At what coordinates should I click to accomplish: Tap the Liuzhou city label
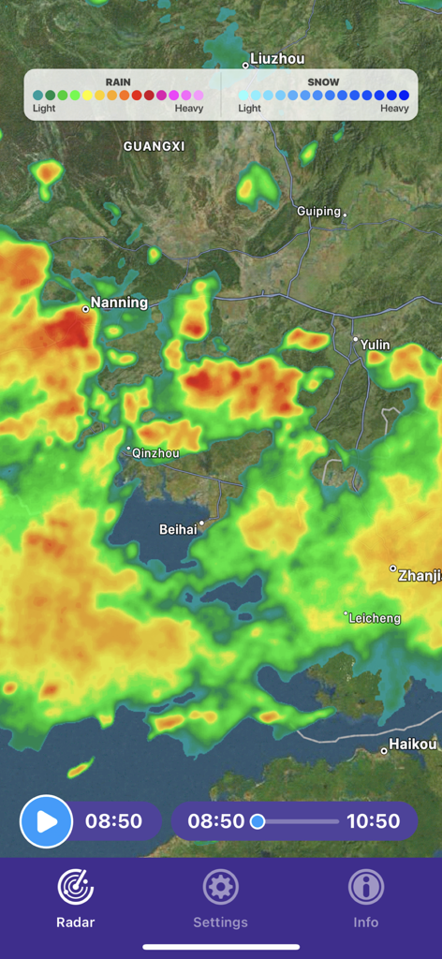point(277,59)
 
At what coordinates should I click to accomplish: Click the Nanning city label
point(119,302)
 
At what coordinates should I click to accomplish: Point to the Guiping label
point(318,212)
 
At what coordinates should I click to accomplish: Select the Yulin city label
point(376,346)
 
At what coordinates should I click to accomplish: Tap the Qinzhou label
point(155,453)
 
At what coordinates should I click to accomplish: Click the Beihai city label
point(178,529)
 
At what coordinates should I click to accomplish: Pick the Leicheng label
point(375,618)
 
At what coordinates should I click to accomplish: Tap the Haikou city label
point(414,745)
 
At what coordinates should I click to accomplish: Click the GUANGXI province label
point(154,146)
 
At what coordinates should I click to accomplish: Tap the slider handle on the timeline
point(258,821)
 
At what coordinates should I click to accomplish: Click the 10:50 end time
point(373,821)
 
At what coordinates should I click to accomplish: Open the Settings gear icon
point(221,886)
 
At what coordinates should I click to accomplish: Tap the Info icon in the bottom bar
point(366,886)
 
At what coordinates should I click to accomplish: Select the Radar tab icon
point(76,886)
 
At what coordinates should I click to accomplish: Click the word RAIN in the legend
point(118,82)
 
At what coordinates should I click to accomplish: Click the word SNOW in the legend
point(323,82)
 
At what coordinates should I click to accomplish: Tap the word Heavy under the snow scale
point(394,109)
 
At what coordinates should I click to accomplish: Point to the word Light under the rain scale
point(44,109)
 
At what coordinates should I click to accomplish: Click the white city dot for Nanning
point(85,308)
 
